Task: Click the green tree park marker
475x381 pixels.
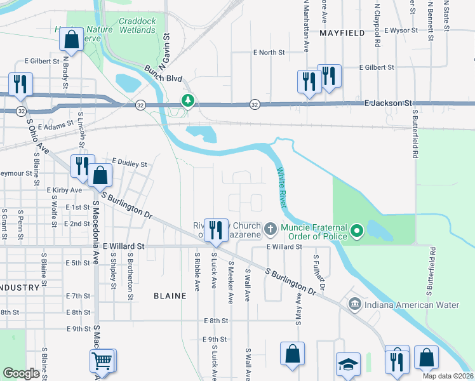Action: (x=188, y=100)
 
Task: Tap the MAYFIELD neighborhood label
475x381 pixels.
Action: (x=342, y=32)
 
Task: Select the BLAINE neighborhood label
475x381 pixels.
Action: (x=170, y=296)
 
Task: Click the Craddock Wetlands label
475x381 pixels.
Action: (x=138, y=25)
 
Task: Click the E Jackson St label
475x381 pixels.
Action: (x=388, y=102)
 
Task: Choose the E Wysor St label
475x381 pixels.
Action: (x=396, y=30)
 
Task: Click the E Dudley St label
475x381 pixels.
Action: (x=130, y=163)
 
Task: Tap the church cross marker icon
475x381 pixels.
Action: (x=270, y=228)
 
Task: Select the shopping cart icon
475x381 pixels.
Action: (x=102, y=361)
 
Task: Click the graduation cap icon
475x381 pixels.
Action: (x=348, y=364)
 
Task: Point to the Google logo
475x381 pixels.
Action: (x=22, y=373)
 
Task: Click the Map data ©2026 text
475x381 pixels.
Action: (x=448, y=376)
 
